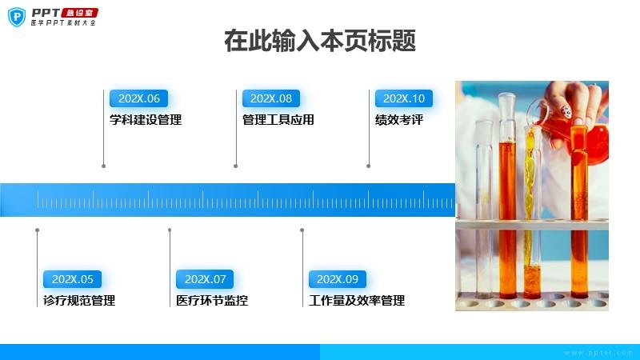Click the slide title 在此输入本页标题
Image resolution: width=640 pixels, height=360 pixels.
[320, 41]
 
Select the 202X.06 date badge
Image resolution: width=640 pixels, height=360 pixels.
[138, 98]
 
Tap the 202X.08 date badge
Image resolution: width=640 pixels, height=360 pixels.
[271, 98]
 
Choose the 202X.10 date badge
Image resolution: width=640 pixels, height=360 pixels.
[404, 98]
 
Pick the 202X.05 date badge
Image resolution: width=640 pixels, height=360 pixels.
[72, 279]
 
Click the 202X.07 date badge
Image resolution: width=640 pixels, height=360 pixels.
[205, 279]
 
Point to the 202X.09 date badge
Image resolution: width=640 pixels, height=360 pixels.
[338, 279]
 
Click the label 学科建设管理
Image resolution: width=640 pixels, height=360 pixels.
[146, 120]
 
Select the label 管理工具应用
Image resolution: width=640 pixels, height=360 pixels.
[278, 120]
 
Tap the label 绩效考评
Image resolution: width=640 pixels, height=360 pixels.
[399, 120]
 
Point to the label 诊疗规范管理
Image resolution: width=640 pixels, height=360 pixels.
[79, 301]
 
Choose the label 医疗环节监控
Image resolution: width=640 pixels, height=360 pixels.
[212, 301]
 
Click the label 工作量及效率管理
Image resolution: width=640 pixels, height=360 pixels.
[357, 301]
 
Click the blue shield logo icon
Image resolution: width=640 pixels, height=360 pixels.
[17, 17]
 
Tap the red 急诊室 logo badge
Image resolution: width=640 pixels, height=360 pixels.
[79, 13]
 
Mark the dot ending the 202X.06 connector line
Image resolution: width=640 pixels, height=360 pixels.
[104, 166]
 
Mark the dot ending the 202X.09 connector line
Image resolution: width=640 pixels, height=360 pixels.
[302, 230]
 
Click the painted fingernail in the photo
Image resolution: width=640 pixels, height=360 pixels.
[565, 111]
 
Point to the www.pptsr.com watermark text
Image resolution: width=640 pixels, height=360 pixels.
[598, 353]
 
